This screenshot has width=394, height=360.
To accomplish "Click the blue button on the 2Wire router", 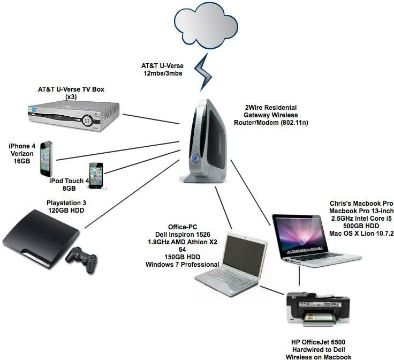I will pos(195,159).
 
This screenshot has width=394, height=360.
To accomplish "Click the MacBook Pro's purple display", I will pos(299,235).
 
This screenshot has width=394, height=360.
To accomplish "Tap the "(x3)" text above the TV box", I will pos(71,96).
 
